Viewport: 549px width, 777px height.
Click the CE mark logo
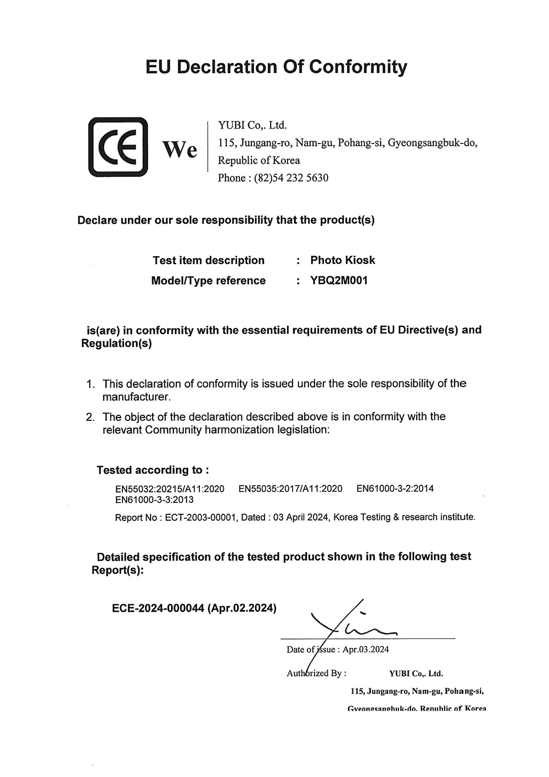118,147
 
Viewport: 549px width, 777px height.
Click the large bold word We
180,149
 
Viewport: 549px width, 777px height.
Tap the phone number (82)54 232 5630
291,178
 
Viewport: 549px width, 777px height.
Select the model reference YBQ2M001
339,281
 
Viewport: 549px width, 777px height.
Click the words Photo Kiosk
343,260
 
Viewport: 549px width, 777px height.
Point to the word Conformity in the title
357,67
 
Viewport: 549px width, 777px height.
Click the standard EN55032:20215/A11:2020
170,489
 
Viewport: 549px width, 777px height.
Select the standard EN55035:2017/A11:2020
290,489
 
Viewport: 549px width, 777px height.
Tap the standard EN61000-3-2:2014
395,488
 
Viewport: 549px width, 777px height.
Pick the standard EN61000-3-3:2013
154,500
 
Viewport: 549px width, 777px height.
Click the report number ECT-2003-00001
200,518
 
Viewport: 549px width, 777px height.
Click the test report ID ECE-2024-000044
158,608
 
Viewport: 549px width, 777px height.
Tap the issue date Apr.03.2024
366,650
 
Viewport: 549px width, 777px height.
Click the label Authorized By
316,673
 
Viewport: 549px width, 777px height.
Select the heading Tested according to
153,470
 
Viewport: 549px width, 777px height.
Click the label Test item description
209,260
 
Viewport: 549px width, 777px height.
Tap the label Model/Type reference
208,281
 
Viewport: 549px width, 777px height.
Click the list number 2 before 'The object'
91,417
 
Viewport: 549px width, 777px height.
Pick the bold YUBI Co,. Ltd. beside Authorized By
416,674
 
